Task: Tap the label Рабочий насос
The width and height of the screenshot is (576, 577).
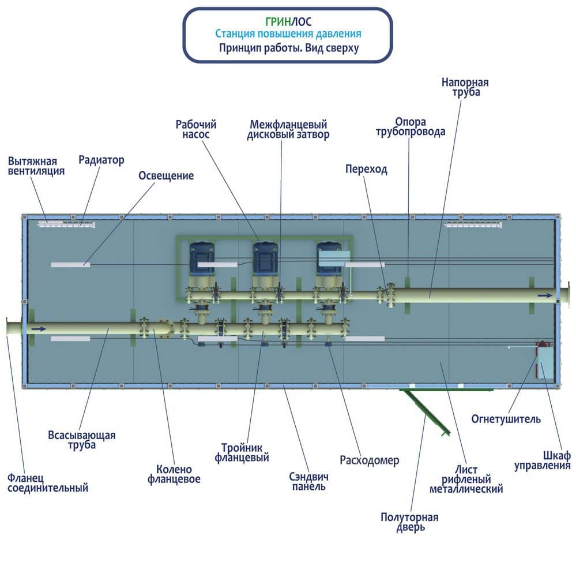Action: (x=196, y=129)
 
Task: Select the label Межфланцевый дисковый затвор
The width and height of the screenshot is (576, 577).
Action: (x=288, y=130)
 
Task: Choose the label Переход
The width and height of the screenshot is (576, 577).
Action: (x=366, y=169)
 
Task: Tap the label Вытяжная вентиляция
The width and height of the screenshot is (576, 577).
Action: (x=36, y=166)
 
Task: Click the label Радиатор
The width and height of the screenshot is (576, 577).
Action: (x=101, y=160)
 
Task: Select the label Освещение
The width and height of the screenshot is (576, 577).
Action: (x=166, y=175)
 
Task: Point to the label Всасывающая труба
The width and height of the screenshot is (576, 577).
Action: (x=82, y=440)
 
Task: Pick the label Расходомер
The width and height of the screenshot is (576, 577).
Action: (x=370, y=460)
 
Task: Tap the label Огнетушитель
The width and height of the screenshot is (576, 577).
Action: (x=506, y=419)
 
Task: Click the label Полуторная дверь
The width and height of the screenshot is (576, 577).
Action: (x=409, y=522)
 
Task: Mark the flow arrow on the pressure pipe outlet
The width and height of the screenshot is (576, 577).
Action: (x=544, y=295)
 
